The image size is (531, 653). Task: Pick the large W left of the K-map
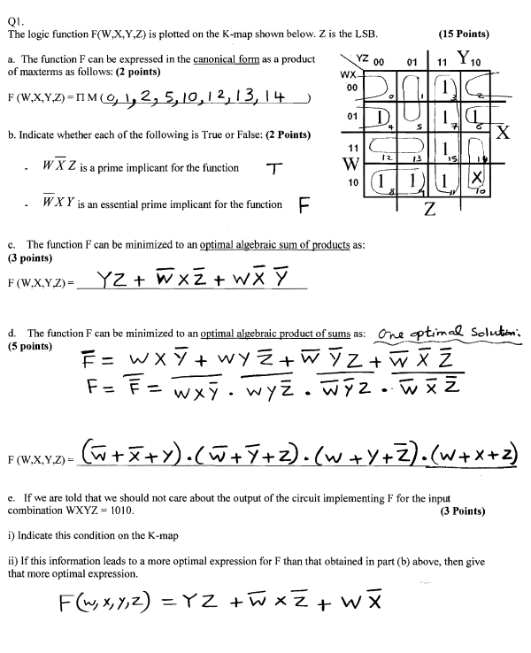pos(327,165)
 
